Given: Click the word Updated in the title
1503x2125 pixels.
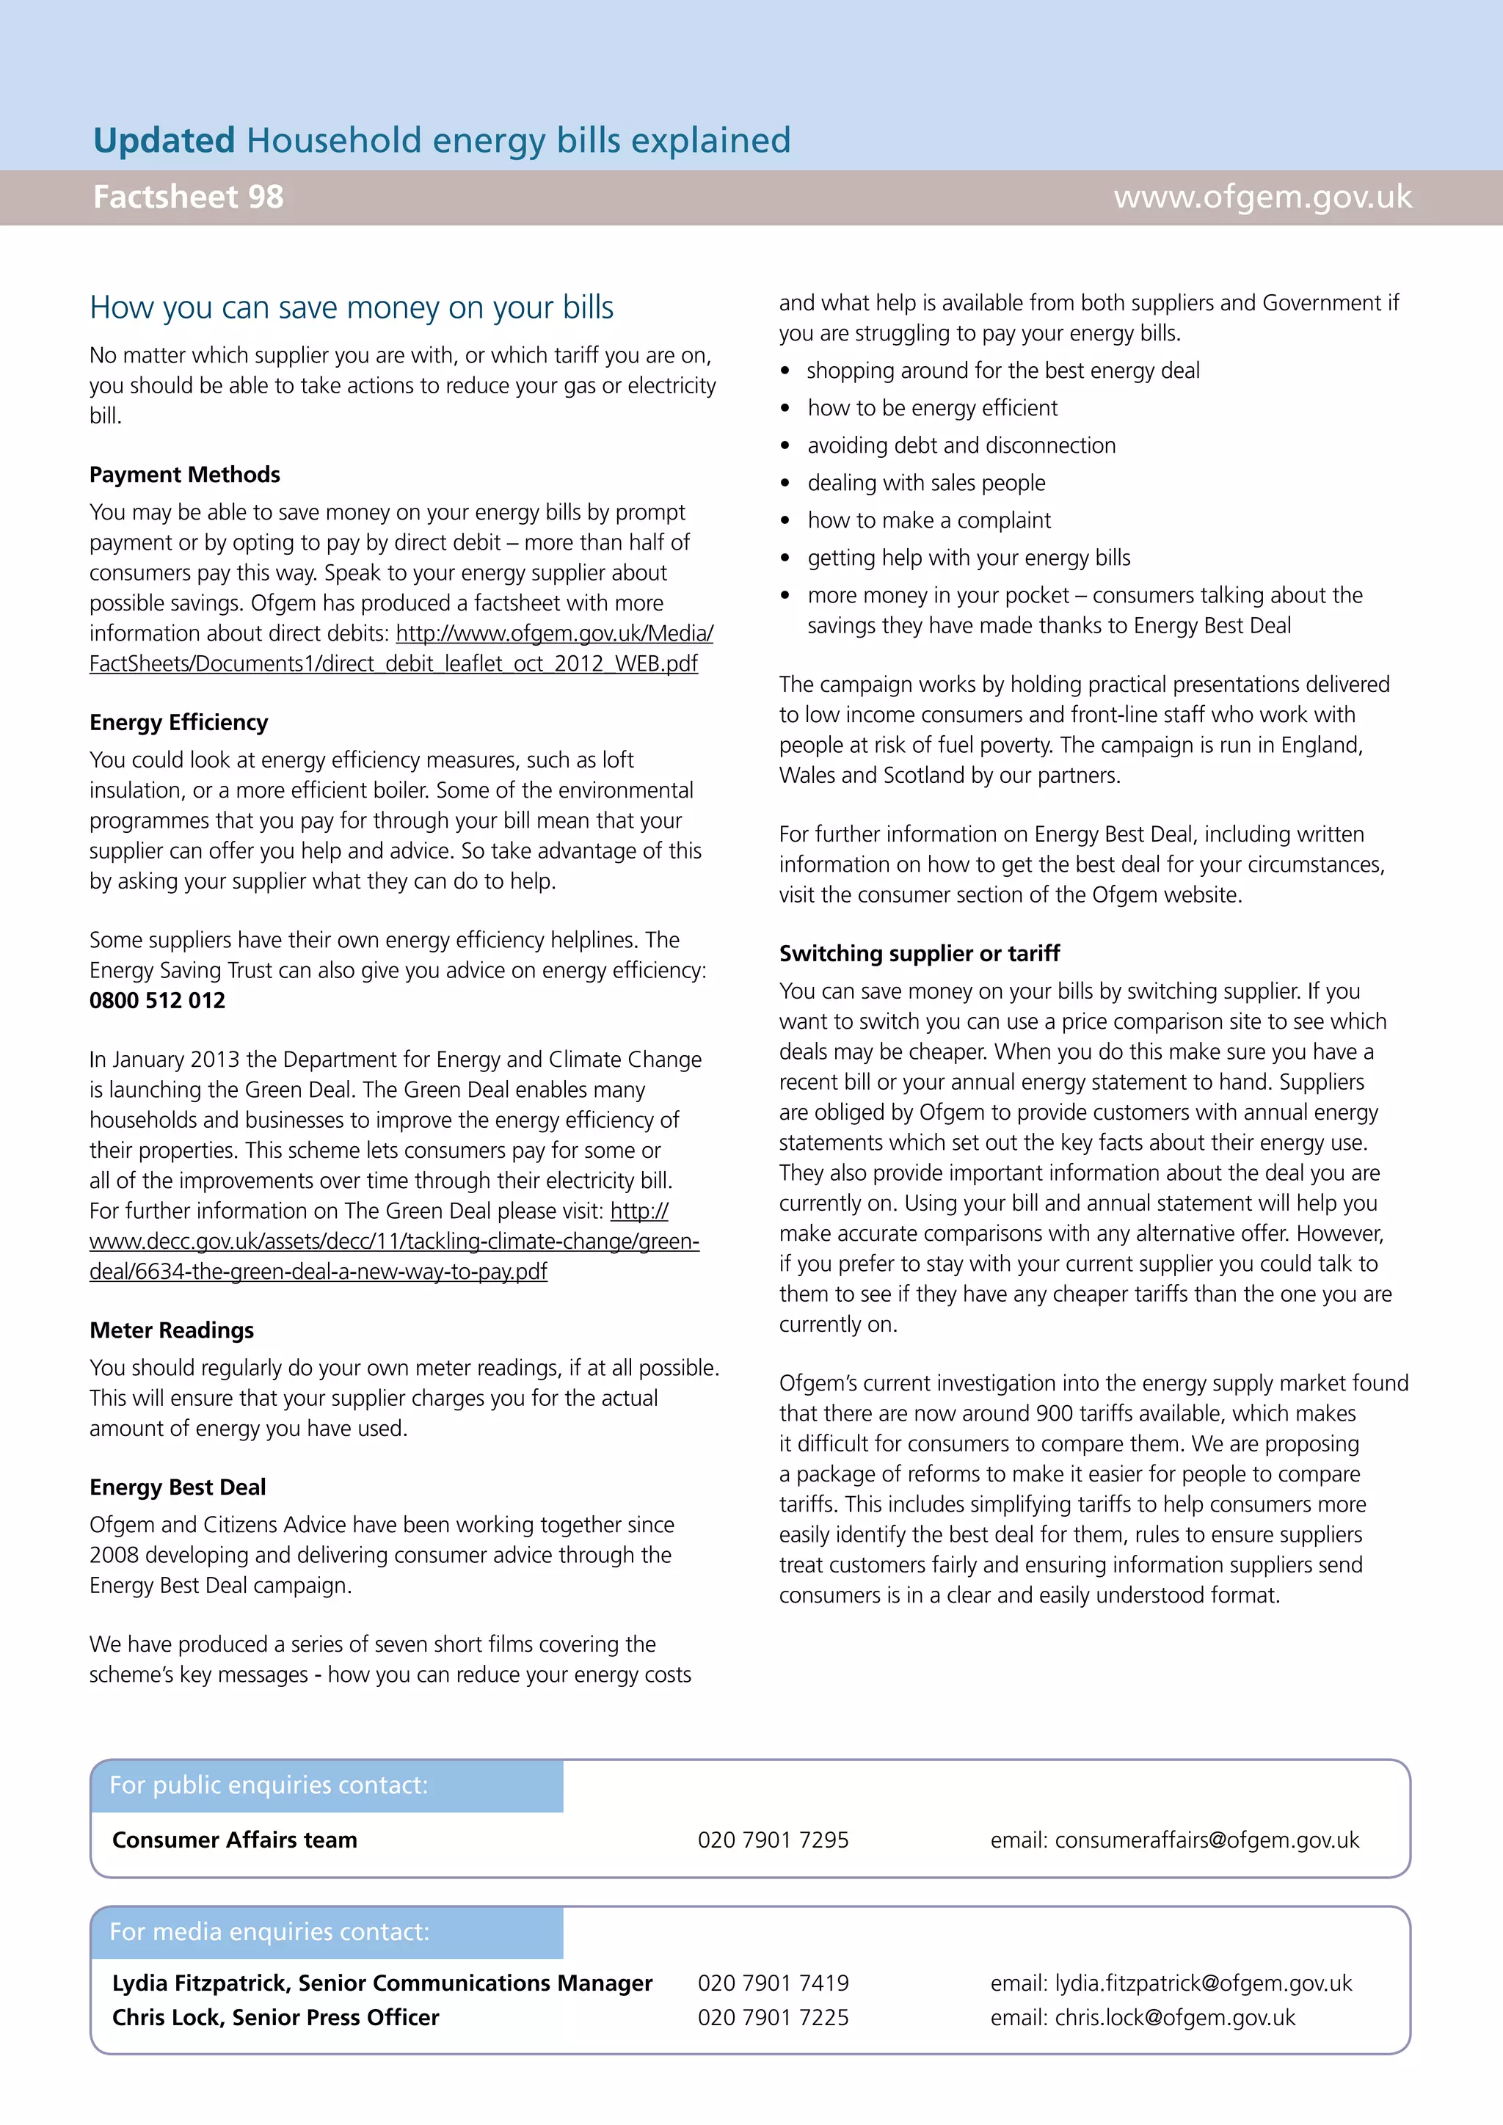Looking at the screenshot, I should click(164, 141).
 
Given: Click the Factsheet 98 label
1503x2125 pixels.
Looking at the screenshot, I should click(188, 197).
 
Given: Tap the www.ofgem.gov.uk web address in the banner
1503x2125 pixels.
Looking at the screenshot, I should click(1262, 197).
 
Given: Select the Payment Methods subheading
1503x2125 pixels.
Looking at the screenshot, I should click(184, 475).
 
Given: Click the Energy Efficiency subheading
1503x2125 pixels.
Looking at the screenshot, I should click(178, 723).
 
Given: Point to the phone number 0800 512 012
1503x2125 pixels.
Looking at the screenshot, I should click(157, 1000).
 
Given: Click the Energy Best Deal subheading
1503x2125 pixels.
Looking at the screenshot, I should click(178, 1487).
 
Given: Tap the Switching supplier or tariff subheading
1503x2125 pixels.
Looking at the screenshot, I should click(919, 954).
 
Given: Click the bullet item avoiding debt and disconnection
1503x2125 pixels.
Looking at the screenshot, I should click(961, 446).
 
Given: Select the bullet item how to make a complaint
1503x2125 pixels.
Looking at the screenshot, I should click(928, 521).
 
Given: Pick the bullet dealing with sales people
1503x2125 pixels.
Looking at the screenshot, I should click(925, 483).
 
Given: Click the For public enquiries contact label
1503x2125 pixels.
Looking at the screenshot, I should click(269, 1785).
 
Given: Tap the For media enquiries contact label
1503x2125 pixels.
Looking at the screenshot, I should click(269, 1933).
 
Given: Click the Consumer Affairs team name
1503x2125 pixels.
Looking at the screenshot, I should click(234, 1841).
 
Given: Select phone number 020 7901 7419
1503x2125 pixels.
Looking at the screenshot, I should click(773, 1983).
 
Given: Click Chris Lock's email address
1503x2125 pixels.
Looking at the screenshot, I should click(1174, 2018).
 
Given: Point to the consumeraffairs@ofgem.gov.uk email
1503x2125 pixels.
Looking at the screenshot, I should click(1206, 1841).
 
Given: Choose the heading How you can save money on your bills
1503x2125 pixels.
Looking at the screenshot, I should click(352, 307).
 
